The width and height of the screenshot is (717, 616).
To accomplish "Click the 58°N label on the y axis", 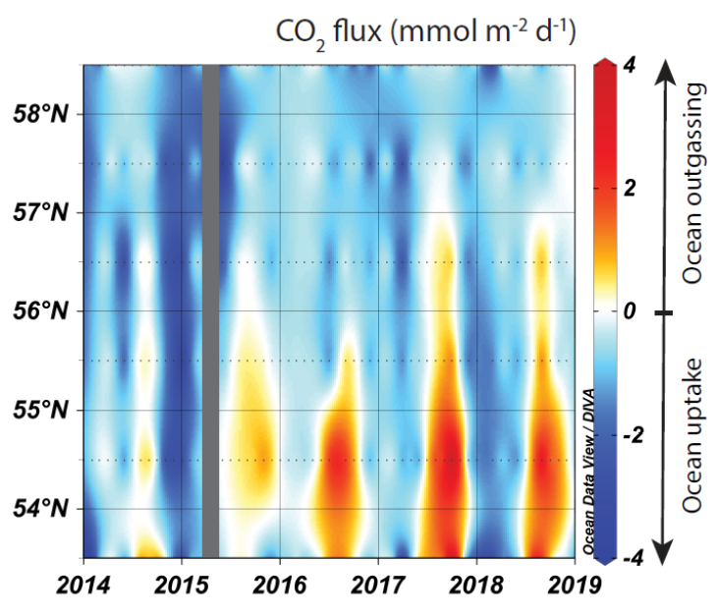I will [41, 113].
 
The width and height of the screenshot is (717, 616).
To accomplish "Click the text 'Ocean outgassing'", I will [693, 184].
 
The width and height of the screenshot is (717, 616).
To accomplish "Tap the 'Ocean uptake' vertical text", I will [693, 434].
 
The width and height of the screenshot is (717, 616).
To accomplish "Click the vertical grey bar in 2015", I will [209, 309].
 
